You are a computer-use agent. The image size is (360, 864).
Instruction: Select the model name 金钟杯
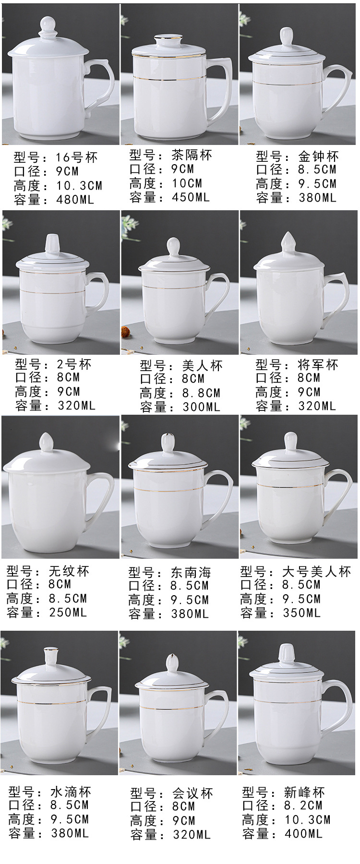point(318,156)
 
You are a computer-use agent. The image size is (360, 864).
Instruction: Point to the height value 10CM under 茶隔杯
point(187,183)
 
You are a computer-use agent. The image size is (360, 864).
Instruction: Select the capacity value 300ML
point(201,407)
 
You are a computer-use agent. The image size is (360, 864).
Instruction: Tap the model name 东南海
point(191,572)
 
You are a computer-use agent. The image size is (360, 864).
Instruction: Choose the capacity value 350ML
point(301,612)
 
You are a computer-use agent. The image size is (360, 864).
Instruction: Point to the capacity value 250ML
point(68,612)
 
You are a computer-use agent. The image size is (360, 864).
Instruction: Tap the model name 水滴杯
point(71,792)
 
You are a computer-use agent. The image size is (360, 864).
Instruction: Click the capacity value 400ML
point(303,833)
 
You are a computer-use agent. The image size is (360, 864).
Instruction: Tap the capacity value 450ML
point(191,197)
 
